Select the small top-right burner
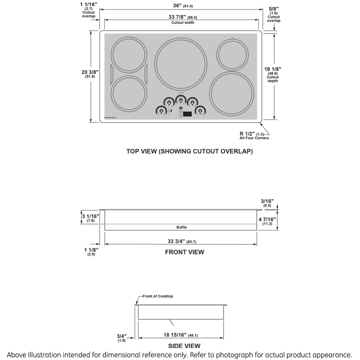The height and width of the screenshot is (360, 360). click(x=233, y=54)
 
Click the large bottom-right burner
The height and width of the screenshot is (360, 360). click(x=232, y=93)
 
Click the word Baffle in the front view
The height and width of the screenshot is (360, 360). click(x=182, y=227)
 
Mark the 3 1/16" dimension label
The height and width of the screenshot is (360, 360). click(x=90, y=216)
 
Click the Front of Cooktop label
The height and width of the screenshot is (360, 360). click(x=158, y=296)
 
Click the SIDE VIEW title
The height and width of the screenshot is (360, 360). click(x=184, y=346)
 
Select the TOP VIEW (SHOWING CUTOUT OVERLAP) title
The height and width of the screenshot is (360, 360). click(x=189, y=152)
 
